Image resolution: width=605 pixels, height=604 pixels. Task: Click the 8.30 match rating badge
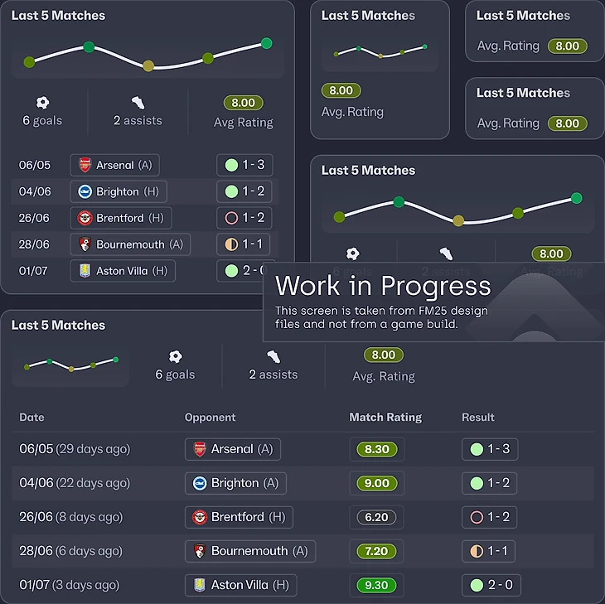pos(376,449)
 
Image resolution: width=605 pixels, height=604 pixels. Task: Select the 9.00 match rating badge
pos(376,483)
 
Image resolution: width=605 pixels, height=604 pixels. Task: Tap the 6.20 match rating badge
pos(376,517)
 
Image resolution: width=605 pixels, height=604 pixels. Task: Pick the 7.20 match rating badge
pos(376,551)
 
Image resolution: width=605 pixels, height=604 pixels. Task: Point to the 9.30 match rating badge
pos(376,585)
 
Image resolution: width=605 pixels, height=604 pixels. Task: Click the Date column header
pos(31,418)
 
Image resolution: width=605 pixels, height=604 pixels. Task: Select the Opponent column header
pos(211,418)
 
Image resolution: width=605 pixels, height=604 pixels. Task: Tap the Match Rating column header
pos(385,418)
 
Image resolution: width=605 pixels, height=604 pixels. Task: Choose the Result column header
pos(478,418)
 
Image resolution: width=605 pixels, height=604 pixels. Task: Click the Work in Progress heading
pos(383,287)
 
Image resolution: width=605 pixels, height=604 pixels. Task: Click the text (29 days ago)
pos(93,449)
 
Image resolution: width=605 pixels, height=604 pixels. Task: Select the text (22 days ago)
pos(93,483)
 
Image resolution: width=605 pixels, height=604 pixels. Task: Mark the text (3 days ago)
pos(85,585)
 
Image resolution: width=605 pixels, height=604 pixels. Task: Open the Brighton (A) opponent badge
pos(235,483)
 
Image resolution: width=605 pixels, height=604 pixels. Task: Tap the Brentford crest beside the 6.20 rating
pos(200,517)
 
